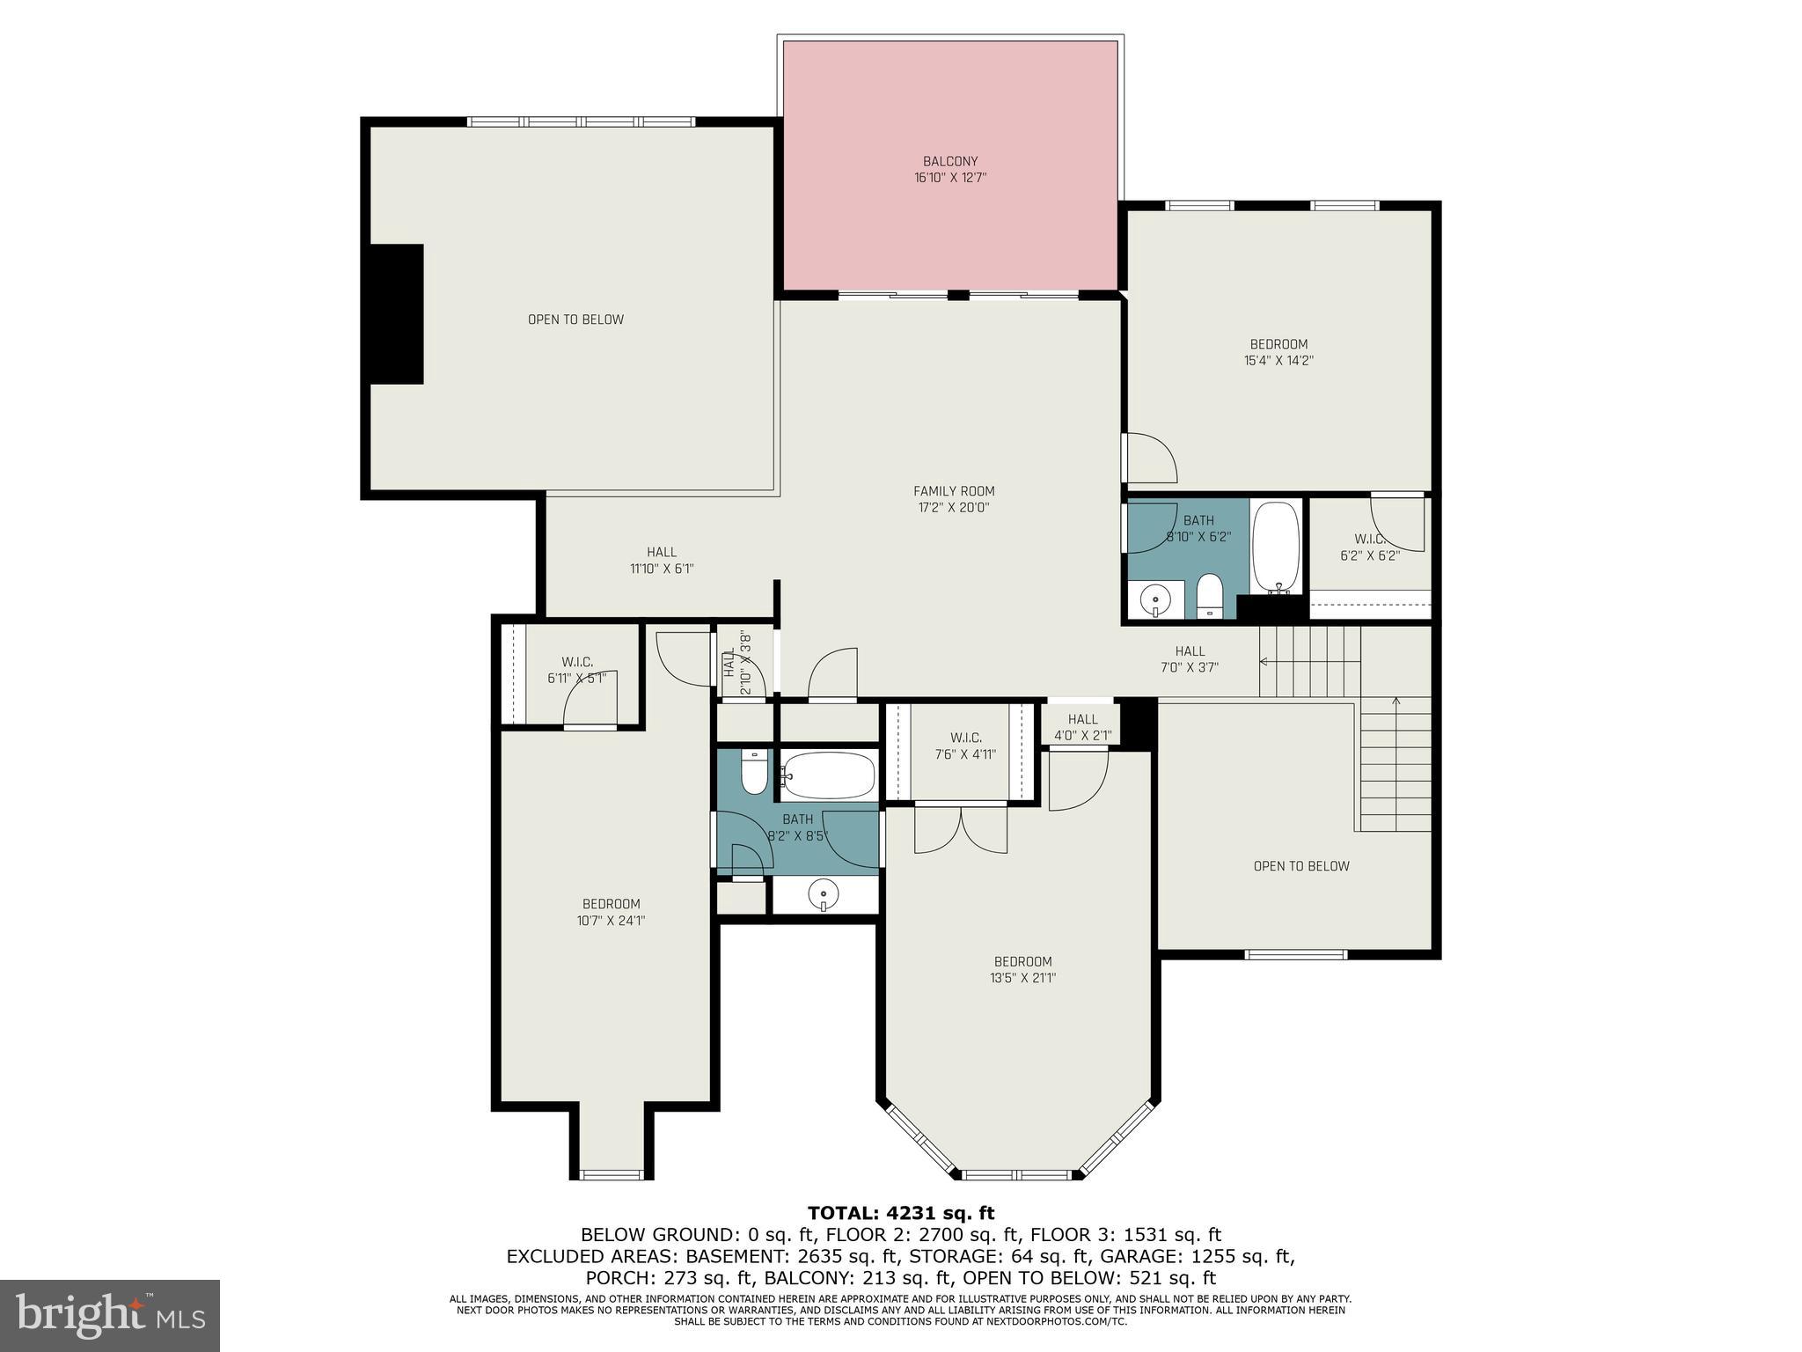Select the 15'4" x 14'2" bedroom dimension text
point(1278,360)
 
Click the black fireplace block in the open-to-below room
point(397,314)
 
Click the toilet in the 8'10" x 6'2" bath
point(1210,596)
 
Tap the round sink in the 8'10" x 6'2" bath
point(1154,601)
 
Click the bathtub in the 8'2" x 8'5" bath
point(828,775)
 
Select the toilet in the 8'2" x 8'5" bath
point(755,771)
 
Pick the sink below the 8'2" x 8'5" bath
point(824,895)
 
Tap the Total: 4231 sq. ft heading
point(901,1214)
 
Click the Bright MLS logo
point(110,1315)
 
